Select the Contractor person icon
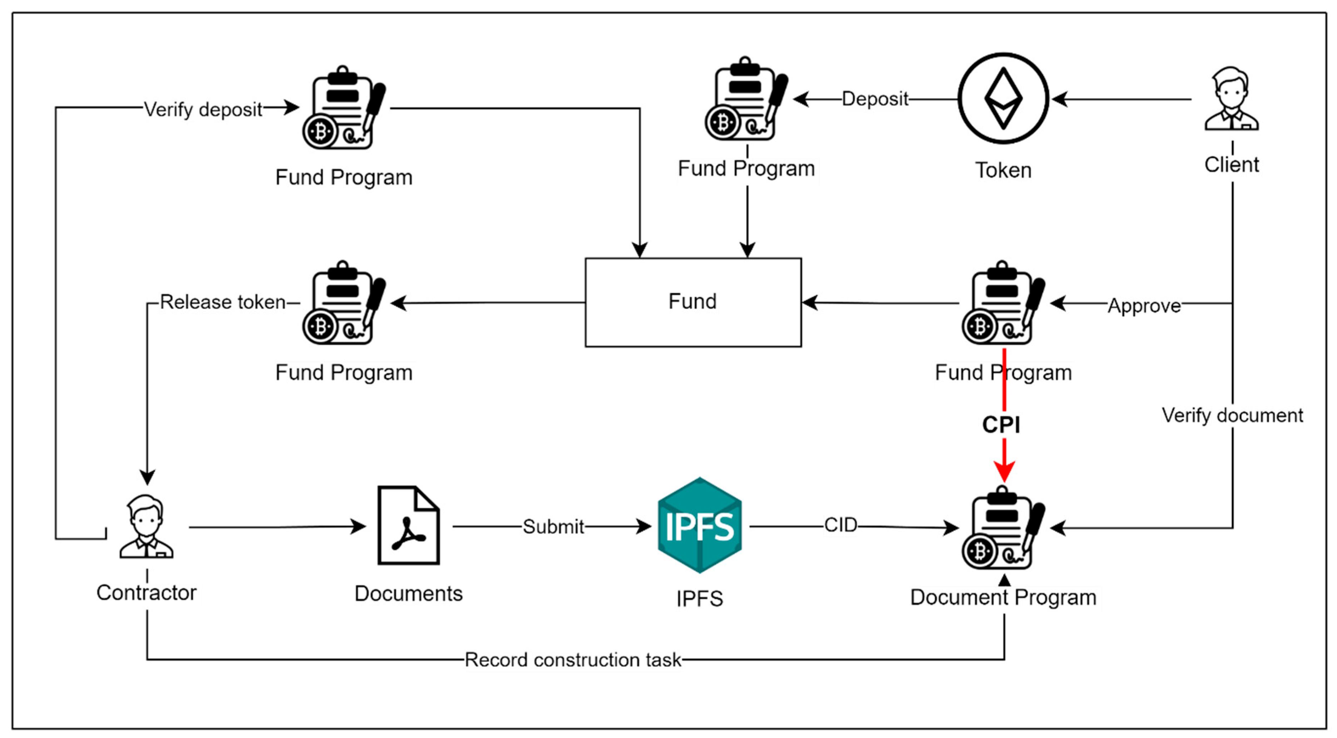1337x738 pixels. [x=146, y=526]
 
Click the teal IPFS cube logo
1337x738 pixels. [x=699, y=525]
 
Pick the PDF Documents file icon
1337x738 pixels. [x=409, y=525]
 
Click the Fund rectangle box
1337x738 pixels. [x=693, y=302]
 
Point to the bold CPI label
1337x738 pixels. [x=1001, y=424]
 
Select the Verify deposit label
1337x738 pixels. [x=203, y=109]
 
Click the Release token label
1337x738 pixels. [x=223, y=302]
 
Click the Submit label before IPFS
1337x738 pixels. [x=553, y=526]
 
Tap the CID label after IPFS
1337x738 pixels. [x=841, y=525]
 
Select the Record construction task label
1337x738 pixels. [x=572, y=660]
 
